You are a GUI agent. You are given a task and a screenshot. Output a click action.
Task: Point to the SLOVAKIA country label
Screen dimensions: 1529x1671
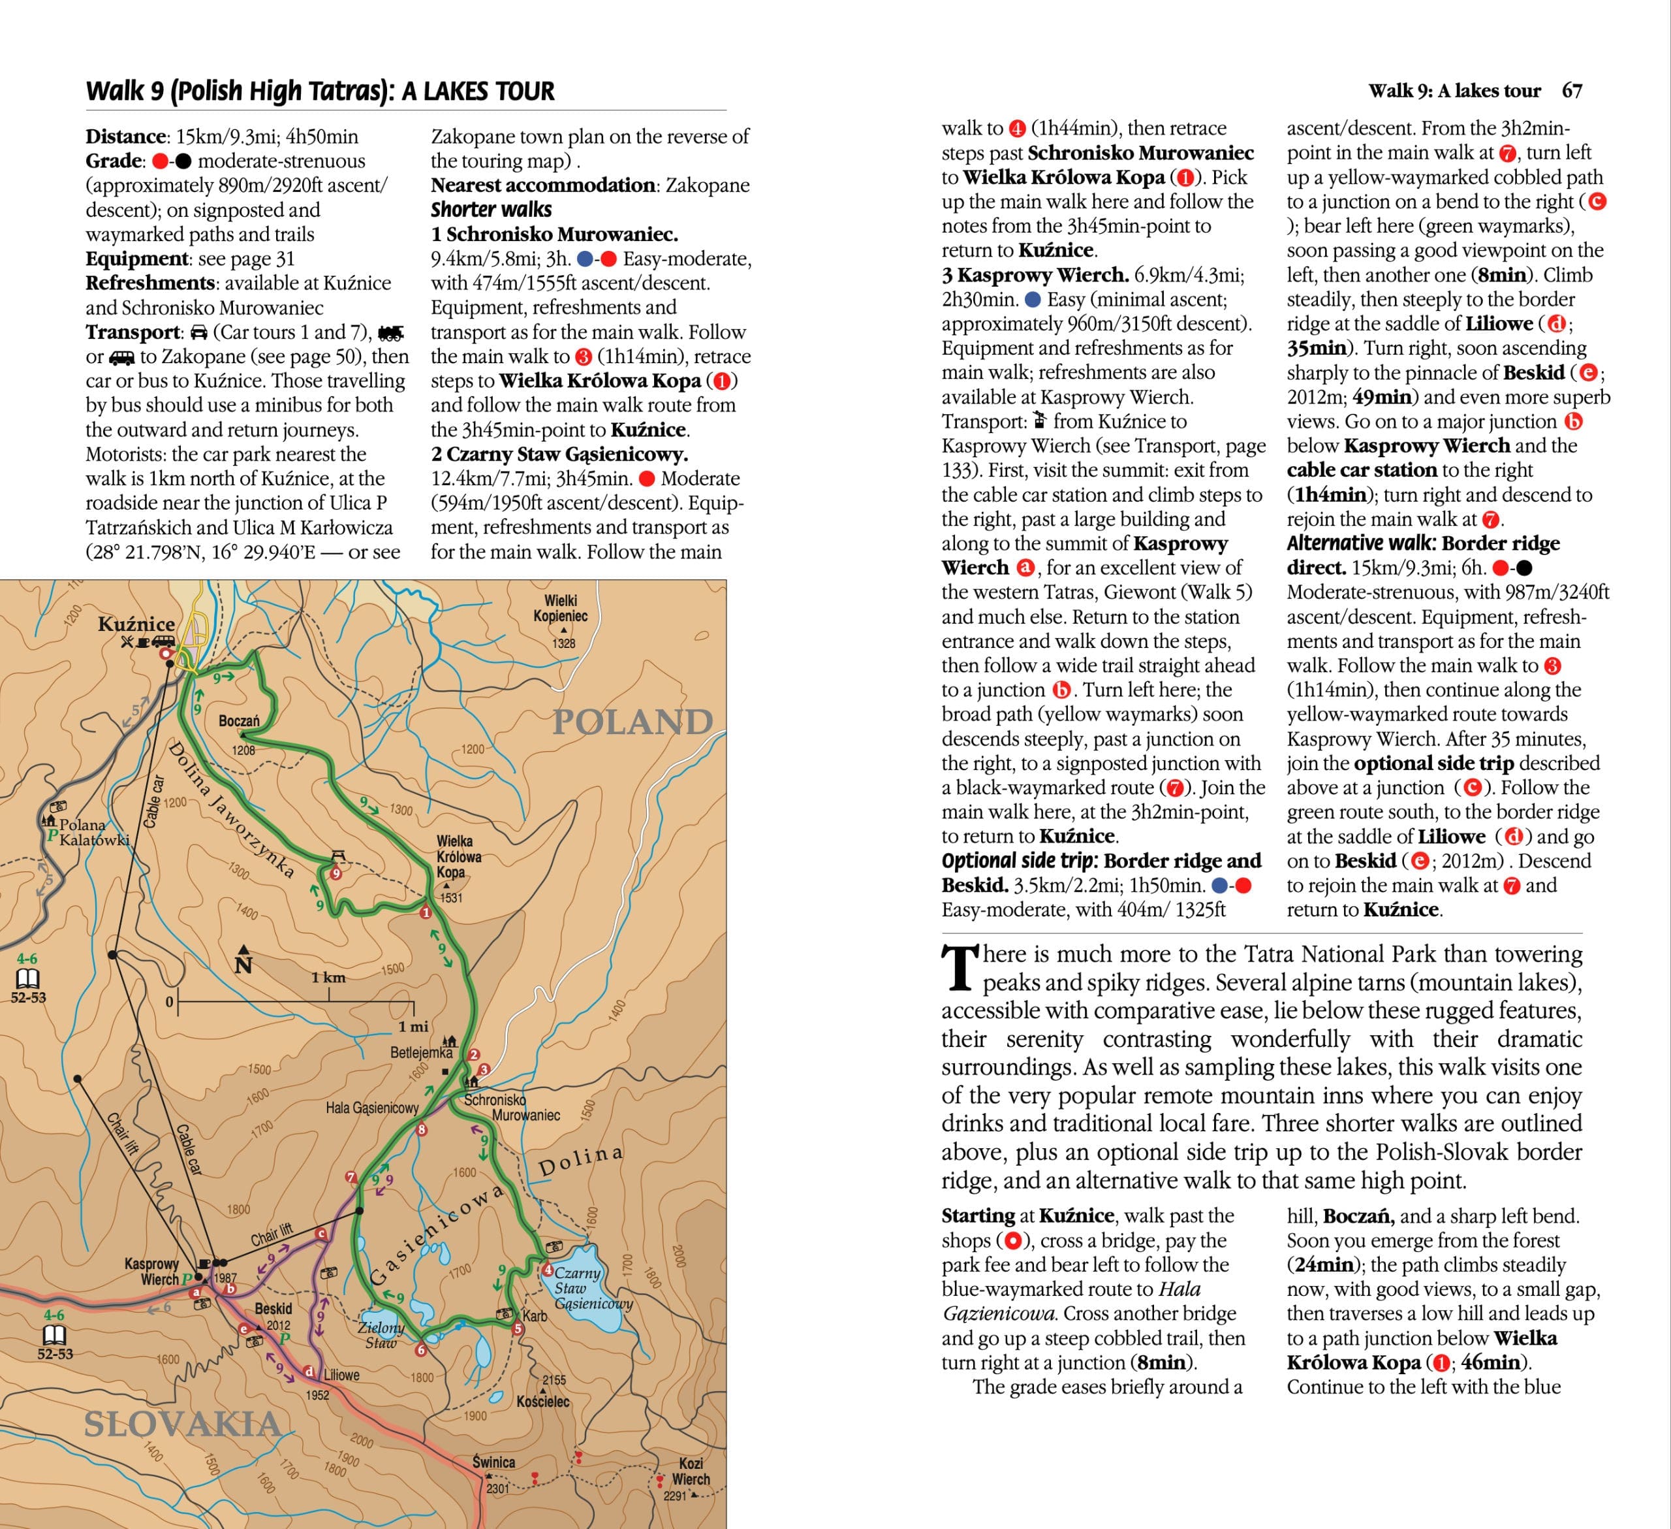click(x=182, y=1424)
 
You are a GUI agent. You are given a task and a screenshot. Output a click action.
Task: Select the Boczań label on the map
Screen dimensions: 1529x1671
click(x=239, y=720)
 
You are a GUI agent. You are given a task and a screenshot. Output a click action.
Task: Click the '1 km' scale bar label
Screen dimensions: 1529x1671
click(x=328, y=978)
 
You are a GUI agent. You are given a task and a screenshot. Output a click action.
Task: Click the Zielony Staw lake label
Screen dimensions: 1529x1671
click(x=381, y=1334)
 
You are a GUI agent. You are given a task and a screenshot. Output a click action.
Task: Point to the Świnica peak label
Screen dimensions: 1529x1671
click(x=494, y=1462)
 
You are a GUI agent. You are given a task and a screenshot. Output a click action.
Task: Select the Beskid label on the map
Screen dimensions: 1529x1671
click(x=273, y=1308)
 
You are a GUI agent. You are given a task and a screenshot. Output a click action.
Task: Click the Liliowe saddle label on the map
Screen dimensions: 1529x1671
click(x=341, y=1375)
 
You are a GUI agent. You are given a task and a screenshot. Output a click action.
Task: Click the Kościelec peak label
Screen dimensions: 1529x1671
click(x=543, y=1401)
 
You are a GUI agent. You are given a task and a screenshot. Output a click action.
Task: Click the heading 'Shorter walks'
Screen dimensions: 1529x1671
click(x=491, y=209)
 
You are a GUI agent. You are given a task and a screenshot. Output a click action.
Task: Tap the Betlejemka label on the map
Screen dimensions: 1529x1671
click(x=421, y=1052)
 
